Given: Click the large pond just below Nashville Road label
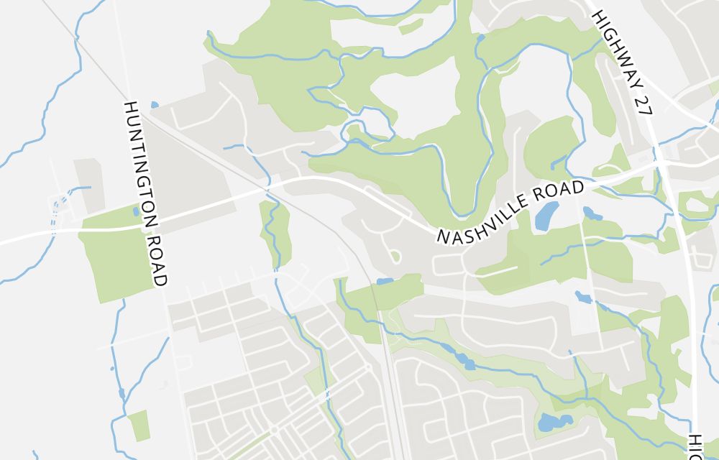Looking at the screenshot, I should coord(546,213).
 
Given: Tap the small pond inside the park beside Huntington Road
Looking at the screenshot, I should coord(136,211).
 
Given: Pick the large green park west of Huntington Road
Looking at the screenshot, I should coord(115,252).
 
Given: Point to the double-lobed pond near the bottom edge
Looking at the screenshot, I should coord(554,422).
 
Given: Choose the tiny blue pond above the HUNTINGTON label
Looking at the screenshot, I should coord(154,105).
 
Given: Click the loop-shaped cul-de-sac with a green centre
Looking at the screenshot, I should coord(394,256).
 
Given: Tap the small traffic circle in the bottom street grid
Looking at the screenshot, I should coord(274,431).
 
